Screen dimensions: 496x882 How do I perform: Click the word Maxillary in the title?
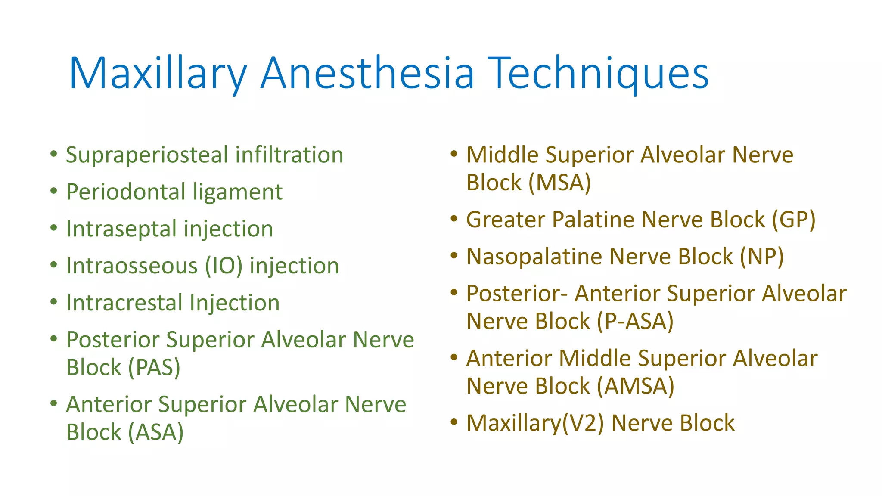[x=158, y=73]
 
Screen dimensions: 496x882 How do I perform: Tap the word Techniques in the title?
[x=598, y=73]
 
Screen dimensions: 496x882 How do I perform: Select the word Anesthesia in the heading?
[x=367, y=73]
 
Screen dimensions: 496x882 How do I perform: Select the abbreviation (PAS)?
[x=154, y=368]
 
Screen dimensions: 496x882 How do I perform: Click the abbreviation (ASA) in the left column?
[x=156, y=432]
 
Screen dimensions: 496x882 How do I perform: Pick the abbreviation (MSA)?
[x=559, y=183]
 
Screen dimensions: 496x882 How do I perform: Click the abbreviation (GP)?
[x=793, y=220]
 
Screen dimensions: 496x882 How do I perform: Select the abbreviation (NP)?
[x=761, y=257]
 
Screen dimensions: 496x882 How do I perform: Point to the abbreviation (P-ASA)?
[x=635, y=322]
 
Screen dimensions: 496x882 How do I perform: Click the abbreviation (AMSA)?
[x=635, y=386]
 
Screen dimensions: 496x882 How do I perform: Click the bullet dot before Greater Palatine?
[x=453, y=219]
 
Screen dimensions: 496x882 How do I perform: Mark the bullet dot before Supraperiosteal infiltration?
[x=53, y=154]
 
